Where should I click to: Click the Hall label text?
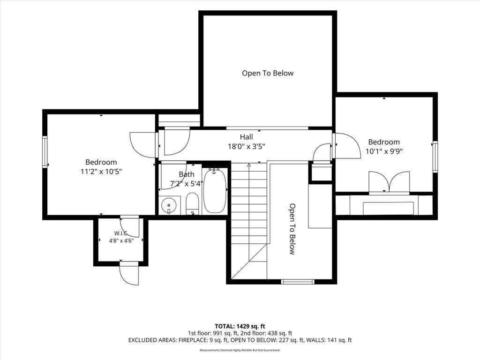[x=246, y=137]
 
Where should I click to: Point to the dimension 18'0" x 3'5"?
[x=247, y=146]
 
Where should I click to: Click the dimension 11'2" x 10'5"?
[x=101, y=172]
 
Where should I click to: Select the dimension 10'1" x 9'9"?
[x=384, y=151]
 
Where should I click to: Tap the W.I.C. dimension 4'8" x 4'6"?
[x=121, y=241]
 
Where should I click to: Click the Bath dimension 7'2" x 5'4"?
[x=187, y=184]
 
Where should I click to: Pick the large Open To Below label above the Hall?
[x=268, y=73]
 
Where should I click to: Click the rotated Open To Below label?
[x=292, y=229]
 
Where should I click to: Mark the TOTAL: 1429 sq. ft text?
[x=240, y=326]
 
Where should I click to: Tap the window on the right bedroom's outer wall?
[x=435, y=157]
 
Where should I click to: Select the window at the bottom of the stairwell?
[x=298, y=282]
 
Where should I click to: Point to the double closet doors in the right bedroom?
[x=389, y=183]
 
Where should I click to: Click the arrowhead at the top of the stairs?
[x=248, y=165]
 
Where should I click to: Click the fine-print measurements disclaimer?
[x=240, y=350]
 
